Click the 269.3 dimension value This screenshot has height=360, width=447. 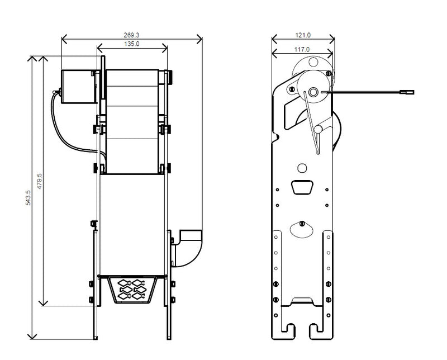(131, 35)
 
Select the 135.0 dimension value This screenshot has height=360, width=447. (132, 44)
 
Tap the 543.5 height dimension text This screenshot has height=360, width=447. (28, 198)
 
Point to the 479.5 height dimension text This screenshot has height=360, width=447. (40, 181)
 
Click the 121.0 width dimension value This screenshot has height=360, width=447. (303, 35)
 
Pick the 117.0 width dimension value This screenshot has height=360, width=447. (302, 49)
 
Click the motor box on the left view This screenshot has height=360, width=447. (78, 87)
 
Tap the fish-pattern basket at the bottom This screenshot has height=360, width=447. (132, 289)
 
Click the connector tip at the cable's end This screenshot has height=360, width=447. (407, 92)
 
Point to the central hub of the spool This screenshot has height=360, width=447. (313, 92)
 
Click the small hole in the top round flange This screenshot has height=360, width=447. (313, 62)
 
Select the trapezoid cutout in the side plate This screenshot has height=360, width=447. (302, 187)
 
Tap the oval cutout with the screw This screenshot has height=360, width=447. (302, 229)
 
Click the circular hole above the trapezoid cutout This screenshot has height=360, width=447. (302, 168)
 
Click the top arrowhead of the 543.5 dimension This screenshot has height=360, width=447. (32, 59)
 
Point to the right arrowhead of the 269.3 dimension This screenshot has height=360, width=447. (199, 39)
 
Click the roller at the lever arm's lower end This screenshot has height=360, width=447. (318, 129)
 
